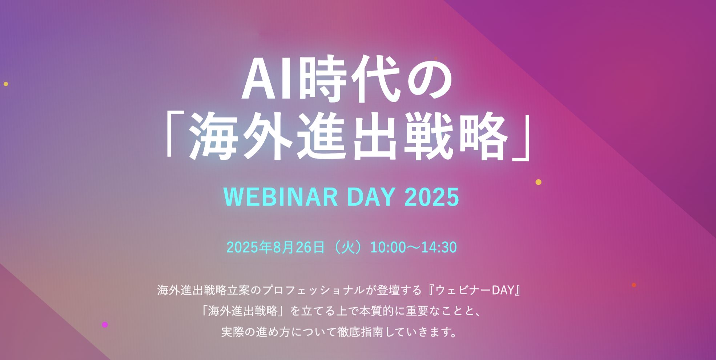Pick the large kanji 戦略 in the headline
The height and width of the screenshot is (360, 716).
[455, 136]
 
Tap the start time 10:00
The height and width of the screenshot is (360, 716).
[388, 247]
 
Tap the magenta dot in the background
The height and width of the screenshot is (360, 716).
[105, 325]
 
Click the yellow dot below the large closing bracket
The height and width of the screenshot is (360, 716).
[539, 182]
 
